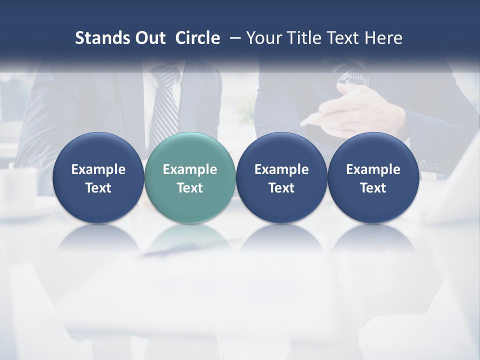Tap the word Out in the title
coord(149,38)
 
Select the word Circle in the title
coord(197,38)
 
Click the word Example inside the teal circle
coord(190,169)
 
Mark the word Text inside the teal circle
coord(190,188)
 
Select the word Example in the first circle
coord(98,169)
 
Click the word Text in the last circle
coord(373,188)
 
